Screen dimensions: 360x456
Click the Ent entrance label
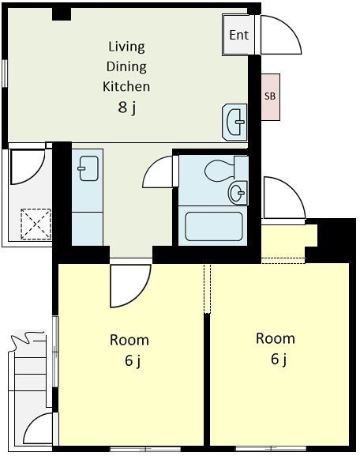[x=239, y=36]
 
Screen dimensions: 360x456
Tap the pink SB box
[x=271, y=97]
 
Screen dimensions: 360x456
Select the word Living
[x=126, y=47]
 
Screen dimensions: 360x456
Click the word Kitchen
[x=126, y=86]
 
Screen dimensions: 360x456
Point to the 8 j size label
[x=127, y=107]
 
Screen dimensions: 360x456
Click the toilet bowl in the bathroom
[x=220, y=170]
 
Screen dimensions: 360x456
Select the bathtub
[x=214, y=227]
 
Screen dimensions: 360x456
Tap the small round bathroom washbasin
[x=238, y=192]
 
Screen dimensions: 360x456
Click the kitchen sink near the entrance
[x=234, y=122]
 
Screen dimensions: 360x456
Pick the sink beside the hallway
[x=88, y=168]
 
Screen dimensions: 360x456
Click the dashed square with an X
[x=36, y=224]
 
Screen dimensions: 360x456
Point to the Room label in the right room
[x=276, y=338]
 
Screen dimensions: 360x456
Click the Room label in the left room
[x=129, y=340]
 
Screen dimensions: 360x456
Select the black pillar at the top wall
[x=62, y=14]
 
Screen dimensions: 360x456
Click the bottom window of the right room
[x=270, y=448]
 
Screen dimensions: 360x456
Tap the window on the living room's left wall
[x=5, y=73]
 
